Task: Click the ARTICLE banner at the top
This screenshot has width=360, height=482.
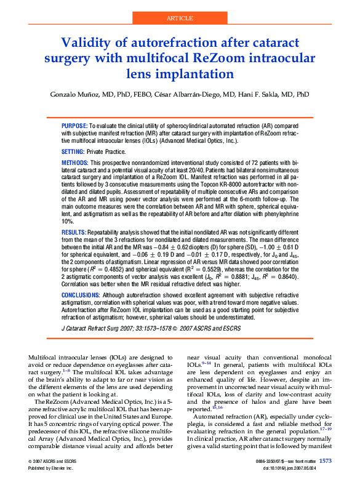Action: point(180,18)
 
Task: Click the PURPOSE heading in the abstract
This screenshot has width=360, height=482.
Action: point(74,125)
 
